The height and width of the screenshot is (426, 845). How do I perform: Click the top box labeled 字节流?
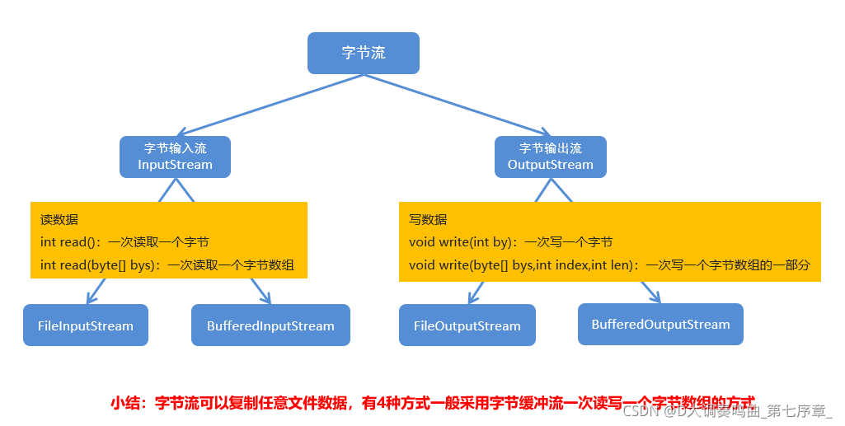[x=364, y=53]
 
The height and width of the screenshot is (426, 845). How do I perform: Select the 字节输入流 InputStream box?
[x=175, y=157]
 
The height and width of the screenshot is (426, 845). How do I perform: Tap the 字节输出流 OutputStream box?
[x=550, y=157]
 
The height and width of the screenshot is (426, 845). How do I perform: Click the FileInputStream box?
[x=86, y=325]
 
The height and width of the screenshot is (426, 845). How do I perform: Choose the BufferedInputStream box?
[x=270, y=325]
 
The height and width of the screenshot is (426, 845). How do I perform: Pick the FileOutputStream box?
[x=467, y=325]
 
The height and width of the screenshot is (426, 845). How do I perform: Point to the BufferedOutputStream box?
[x=660, y=324]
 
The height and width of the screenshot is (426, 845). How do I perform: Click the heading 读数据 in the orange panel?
[x=59, y=220]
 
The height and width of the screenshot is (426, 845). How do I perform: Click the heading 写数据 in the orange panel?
[x=428, y=220]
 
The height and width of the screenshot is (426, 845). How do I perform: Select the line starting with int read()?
[x=124, y=242]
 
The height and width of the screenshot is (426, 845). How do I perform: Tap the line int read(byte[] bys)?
[x=167, y=265]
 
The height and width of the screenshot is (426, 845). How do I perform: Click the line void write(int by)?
[x=510, y=242]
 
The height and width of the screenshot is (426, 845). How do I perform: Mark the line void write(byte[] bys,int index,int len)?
[x=609, y=265]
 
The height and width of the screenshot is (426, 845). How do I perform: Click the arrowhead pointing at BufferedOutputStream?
[x=655, y=297]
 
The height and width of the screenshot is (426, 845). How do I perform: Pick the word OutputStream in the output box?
[x=550, y=165]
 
